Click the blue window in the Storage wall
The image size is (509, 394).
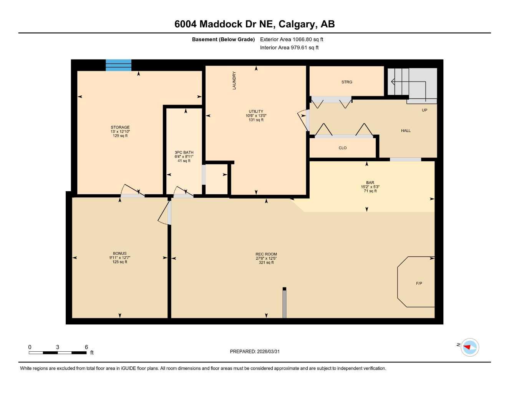click(118, 65)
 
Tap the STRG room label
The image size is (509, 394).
click(347, 82)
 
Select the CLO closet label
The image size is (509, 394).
click(343, 148)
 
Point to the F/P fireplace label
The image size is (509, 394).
click(419, 284)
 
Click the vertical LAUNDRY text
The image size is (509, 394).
click(234, 80)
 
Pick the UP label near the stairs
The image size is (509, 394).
click(424, 110)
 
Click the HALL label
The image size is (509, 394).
click(406, 131)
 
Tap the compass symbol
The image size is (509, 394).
click(469, 347)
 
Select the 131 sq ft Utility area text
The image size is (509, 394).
click(256, 120)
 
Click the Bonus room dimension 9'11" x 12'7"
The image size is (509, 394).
click(120, 258)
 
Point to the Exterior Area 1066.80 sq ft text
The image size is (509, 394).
click(292, 39)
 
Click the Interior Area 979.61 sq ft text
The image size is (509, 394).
click(289, 48)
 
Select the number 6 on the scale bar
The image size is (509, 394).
click(86, 347)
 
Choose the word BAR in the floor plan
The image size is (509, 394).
click(370, 183)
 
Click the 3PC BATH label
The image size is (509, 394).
click(184, 153)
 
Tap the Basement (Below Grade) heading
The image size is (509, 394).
click(223, 39)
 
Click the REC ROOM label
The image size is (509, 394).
click(266, 254)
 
